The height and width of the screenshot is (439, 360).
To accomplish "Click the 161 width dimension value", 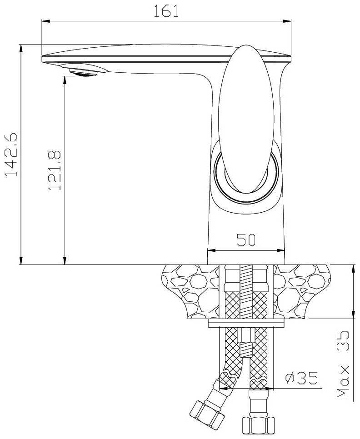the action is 166,11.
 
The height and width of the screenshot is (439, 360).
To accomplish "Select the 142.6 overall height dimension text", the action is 11,154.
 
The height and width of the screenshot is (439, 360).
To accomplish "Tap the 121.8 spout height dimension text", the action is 54,170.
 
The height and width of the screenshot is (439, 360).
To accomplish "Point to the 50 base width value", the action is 246,240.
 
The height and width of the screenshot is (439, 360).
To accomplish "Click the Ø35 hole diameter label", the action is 301,378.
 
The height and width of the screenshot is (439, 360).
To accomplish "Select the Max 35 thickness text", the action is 343,364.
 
